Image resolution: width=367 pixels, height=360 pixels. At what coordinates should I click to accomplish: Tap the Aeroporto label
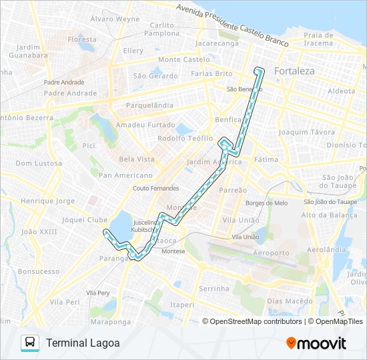[x=271, y=253]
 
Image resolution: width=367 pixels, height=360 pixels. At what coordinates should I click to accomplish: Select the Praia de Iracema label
[x=318, y=39]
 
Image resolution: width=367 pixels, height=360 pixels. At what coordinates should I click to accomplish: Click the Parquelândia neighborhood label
[x=145, y=105]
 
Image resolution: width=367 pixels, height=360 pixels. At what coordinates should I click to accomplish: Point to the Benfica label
[x=228, y=119]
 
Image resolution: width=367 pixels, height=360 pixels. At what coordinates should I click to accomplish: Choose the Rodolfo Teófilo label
[x=184, y=139]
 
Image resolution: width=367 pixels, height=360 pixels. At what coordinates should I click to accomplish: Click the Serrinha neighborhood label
[x=214, y=289]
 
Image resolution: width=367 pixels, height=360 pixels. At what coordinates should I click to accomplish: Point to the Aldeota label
[x=342, y=91]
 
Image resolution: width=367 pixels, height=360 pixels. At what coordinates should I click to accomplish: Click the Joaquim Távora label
[x=306, y=133]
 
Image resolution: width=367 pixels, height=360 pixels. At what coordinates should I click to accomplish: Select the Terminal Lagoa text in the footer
[x=83, y=343]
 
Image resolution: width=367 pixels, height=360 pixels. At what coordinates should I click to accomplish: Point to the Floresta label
[x=82, y=39]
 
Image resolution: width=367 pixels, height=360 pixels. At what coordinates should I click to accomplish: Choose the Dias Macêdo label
[x=290, y=301]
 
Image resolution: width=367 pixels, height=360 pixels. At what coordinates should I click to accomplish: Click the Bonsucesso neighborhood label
[x=39, y=272]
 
